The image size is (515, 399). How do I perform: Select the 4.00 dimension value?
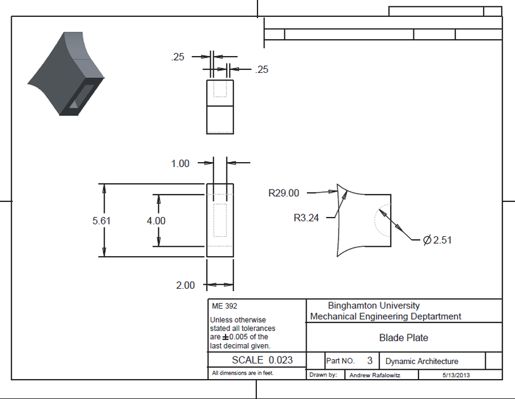(156, 221)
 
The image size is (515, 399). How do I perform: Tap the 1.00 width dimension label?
(180, 163)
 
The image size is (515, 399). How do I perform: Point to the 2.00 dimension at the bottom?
(185, 285)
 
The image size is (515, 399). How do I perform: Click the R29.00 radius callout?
(284, 193)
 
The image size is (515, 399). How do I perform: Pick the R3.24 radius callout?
(306, 218)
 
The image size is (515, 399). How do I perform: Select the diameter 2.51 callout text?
(437, 240)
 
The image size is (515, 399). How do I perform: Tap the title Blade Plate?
(403, 338)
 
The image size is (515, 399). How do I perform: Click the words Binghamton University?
(373, 305)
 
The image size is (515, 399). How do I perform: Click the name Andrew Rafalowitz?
(375, 375)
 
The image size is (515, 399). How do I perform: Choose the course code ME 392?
(224, 306)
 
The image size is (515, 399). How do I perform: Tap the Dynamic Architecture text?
(422, 361)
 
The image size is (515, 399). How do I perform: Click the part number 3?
(370, 360)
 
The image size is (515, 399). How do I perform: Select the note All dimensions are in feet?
(243, 373)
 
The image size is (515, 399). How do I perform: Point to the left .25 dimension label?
(178, 57)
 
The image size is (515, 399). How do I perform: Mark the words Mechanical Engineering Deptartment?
(386, 316)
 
